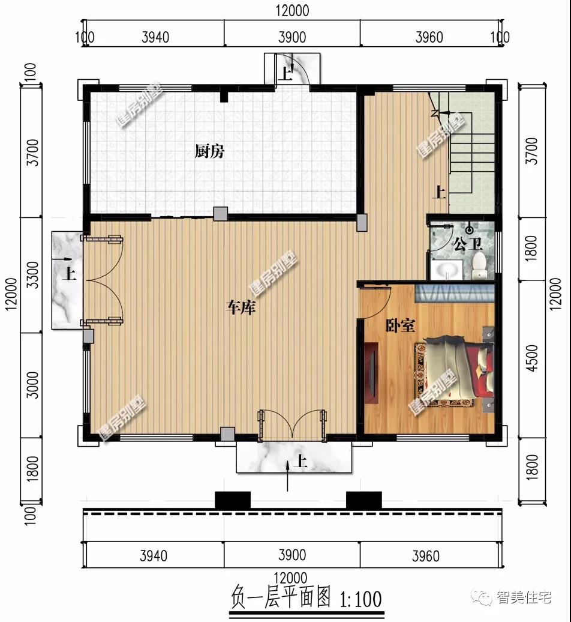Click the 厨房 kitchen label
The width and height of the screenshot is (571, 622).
209,151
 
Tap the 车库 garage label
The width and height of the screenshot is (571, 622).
241,307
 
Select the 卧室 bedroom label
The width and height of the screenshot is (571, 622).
401,325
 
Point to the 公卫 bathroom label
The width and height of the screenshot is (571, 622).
468,243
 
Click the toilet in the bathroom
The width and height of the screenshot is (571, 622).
479,265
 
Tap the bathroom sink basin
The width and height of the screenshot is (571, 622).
447,270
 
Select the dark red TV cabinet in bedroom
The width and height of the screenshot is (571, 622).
371,372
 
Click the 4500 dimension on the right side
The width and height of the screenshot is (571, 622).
533,358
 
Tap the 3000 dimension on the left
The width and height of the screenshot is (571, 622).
33,385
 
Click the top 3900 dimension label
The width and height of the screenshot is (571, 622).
292,37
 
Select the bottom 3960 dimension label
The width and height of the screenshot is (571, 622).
426,556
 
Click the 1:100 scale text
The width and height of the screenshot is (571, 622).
360,599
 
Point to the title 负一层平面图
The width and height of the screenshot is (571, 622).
281,597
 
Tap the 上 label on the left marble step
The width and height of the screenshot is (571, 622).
69,274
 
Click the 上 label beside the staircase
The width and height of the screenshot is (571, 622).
438,192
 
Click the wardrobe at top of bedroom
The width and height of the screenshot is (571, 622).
455,293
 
